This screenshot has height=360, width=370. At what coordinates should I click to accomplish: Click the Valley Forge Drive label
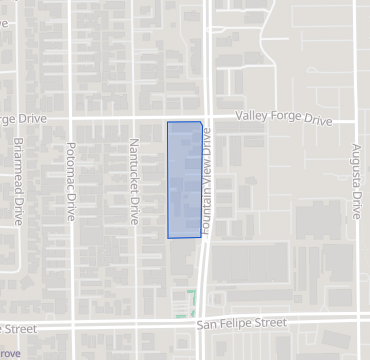pyautogui.click(x=283, y=119)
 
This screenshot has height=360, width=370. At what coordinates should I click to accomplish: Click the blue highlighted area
pyautogui.click(x=184, y=180)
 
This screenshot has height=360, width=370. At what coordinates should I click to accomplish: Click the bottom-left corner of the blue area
pyautogui.click(x=168, y=237)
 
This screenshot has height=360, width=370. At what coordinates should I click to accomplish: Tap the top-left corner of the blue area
pyautogui.click(x=168, y=123)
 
